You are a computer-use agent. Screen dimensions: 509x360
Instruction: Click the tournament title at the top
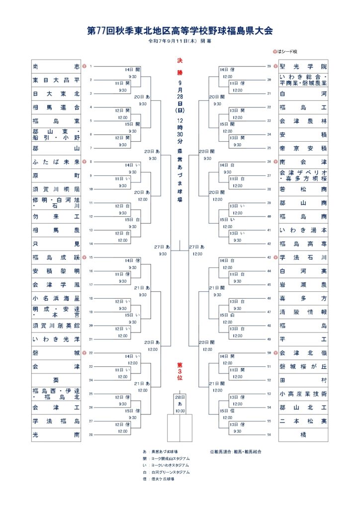(180, 31)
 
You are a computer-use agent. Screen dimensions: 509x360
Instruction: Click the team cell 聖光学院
(303, 67)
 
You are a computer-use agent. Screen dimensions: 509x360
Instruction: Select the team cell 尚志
(56, 67)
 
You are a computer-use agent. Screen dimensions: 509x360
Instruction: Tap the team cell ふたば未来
(56, 162)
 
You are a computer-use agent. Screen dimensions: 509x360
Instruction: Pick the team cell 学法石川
(303, 257)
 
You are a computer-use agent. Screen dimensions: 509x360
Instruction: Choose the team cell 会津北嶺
(303, 353)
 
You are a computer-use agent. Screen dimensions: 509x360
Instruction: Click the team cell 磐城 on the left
(56, 353)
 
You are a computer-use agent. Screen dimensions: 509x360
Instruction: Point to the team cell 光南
(56, 434)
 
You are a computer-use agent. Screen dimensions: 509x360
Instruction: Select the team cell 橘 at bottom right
(303, 434)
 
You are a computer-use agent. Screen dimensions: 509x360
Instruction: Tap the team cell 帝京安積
(303, 148)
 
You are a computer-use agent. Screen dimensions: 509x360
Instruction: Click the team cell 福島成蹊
(56, 257)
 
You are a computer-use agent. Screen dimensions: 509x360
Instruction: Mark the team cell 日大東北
(56, 93)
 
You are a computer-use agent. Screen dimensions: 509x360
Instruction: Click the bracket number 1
(91, 66)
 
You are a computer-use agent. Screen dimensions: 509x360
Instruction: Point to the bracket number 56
(269, 434)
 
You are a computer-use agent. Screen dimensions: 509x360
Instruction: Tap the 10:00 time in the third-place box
(180, 411)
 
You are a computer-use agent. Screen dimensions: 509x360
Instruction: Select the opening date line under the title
(180, 41)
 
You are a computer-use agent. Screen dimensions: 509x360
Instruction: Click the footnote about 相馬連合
(235, 451)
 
